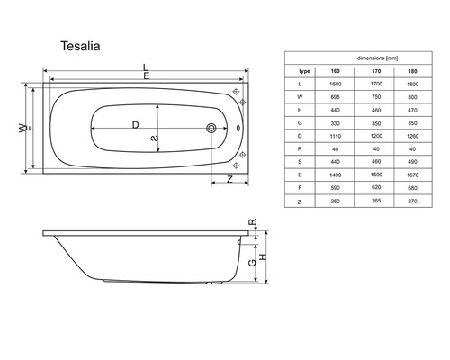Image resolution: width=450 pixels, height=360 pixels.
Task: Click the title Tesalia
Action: click(85, 41)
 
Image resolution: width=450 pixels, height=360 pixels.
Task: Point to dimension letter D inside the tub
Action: click(136, 124)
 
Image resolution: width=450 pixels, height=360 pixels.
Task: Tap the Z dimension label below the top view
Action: click(230, 179)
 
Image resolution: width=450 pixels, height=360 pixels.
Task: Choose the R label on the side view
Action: click(253, 222)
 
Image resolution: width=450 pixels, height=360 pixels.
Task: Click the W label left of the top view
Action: click(22, 130)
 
